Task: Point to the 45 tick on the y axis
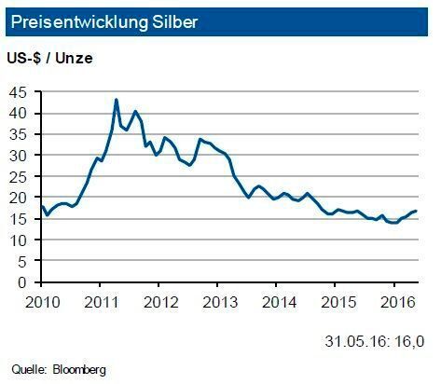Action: pyautogui.click(x=17, y=92)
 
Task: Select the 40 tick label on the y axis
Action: pyautogui.click(x=17, y=114)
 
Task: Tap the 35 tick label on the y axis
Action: pyautogui.click(x=17, y=135)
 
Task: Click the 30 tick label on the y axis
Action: pyautogui.click(x=17, y=156)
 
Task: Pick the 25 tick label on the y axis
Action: pyautogui.click(x=17, y=177)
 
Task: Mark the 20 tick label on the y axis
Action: pyautogui.click(x=17, y=198)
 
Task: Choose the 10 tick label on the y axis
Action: pyautogui.click(x=17, y=240)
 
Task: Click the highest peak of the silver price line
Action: pyautogui.click(x=116, y=100)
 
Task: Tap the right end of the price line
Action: pyautogui.click(x=415, y=212)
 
